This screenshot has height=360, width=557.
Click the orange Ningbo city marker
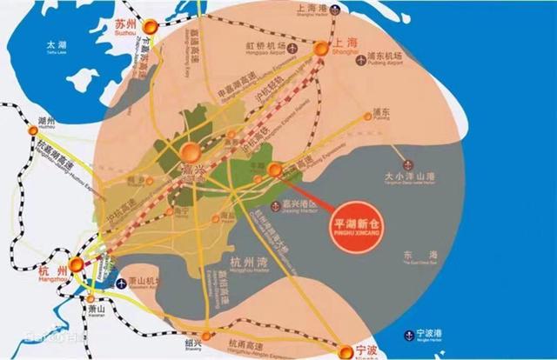click(x=339, y=350)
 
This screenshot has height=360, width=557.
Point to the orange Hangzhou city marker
click(x=77, y=266)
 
